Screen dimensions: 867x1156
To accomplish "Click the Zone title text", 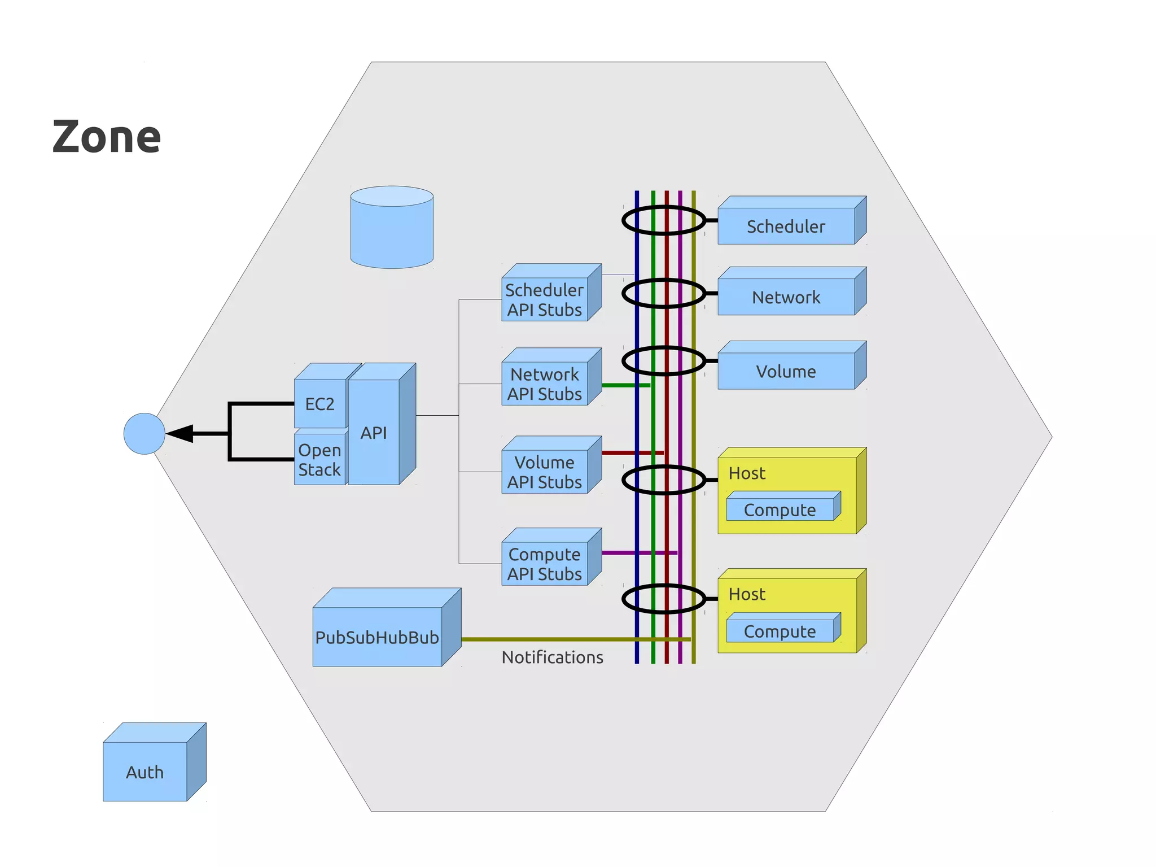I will pos(107,137).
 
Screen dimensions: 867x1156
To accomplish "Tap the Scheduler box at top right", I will pos(786,226).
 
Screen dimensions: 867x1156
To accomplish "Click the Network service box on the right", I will pos(786,297).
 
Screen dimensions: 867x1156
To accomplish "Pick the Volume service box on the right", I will pos(786,371).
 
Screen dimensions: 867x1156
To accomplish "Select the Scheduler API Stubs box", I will pos(545,299).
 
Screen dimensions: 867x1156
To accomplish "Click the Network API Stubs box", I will pos(545,384).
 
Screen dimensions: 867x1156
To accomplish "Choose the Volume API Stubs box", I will pos(545,472).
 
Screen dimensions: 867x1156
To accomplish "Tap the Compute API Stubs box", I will pos(545,564).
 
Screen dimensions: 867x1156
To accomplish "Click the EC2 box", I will pos(319,403).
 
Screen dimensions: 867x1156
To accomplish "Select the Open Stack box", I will pos(319,459).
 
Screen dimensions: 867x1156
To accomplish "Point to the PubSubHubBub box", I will pos(377,637).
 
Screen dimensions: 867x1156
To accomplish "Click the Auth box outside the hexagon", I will pos(145,771).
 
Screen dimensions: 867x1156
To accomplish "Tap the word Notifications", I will pos(552,657).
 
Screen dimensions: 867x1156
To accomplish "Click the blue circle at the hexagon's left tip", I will pos(144,433).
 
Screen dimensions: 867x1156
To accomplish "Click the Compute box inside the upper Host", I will pos(780,509).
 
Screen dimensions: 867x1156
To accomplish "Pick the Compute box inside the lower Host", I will pos(780,631).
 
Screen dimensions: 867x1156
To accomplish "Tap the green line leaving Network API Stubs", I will pos(624,385).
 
